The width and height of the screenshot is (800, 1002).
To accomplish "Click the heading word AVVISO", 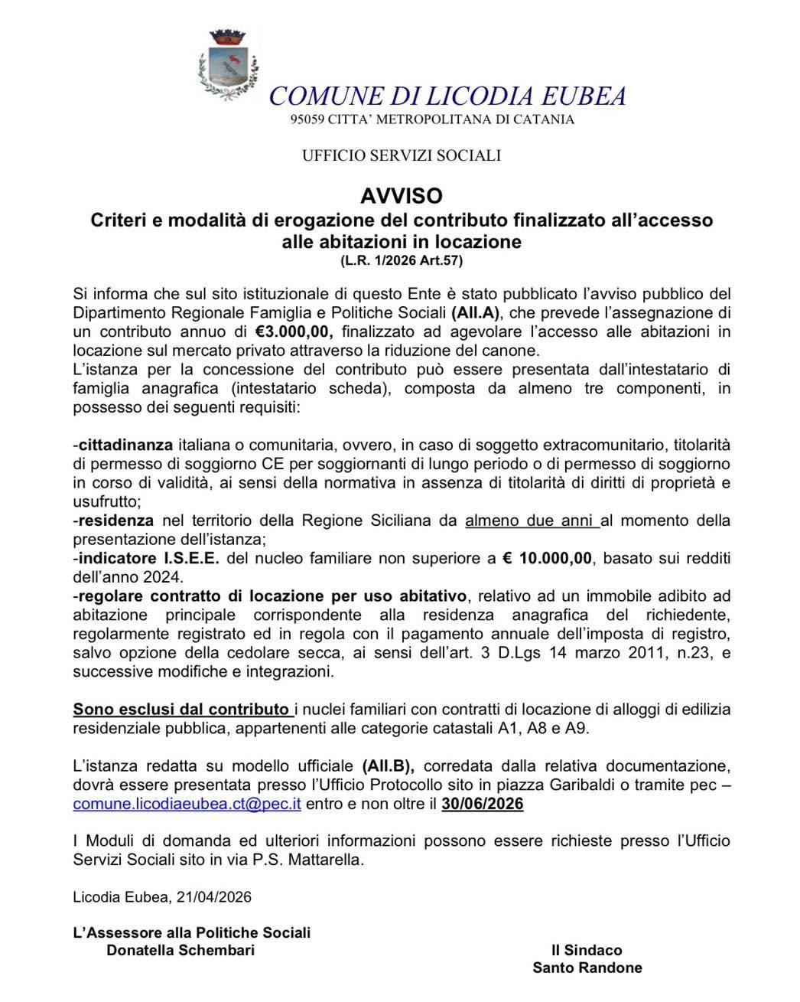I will (x=402, y=196).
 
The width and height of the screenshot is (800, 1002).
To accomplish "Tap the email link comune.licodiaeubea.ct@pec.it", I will (x=187, y=804).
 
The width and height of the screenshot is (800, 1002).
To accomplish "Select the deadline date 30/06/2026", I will (x=483, y=804).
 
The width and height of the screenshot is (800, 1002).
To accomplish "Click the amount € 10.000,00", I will (x=547, y=558).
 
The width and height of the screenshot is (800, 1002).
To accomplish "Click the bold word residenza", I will (x=115, y=521).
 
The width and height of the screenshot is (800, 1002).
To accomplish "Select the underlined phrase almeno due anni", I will (x=532, y=521).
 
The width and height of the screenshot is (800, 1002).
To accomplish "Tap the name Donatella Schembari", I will (x=180, y=951).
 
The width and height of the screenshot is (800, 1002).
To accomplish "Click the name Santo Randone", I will (x=587, y=968).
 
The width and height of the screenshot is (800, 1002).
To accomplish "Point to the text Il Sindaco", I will (x=587, y=950).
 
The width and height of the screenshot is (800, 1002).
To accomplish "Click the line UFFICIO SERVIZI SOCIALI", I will (x=401, y=155).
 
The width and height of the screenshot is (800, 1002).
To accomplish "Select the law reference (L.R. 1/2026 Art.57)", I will (x=402, y=261).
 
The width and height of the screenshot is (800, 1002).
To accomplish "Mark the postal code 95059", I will (x=308, y=119).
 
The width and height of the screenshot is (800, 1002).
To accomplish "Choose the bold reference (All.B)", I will (x=387, y=765).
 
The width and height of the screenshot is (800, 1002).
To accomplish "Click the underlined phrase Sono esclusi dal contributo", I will (x=181, y=709).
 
